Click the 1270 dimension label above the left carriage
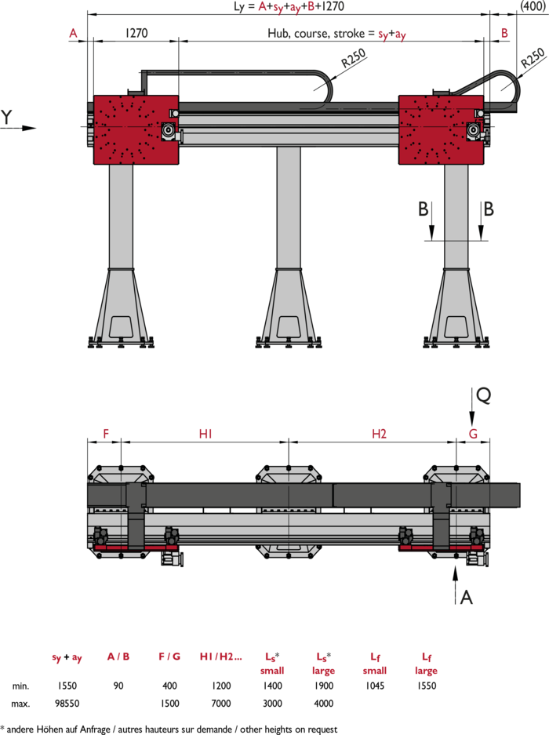pyautogui.click(x=136, y=33)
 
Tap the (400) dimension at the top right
pyautogui.click(x=533, y=6)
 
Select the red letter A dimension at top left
pyautogui.click(x=73, y=33)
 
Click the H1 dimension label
pyautogui.click(x=205, y=434)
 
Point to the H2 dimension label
pyautogui.click(x=379, y=434)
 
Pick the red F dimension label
pyautogui.click(x=106, y=434)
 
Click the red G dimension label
pyautogui.click(x=473, y=434)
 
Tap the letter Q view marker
pyautogui.click(x=483, y=395)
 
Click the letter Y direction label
pyautogui.click(x=6, y=117)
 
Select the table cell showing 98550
pyautogui.click(x=67, y=704)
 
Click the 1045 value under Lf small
pyautogui.click(x=375, y=686)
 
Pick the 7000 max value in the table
pyautogui.click(x=221, y=704)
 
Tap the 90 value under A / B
pyautogui.click(x=118, y=686)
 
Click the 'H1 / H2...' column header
pyautogui.click(x=221, y=657)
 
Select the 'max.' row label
pyautogui.click(x=20, y=704)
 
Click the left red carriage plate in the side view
pyautogui.click(x=136, y=130)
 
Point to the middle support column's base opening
pyautogui.click(x=289, y=327)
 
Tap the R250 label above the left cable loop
pyautogui.click(x=354, y=59)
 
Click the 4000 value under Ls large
pyautogui.click(x=323, y=704)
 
